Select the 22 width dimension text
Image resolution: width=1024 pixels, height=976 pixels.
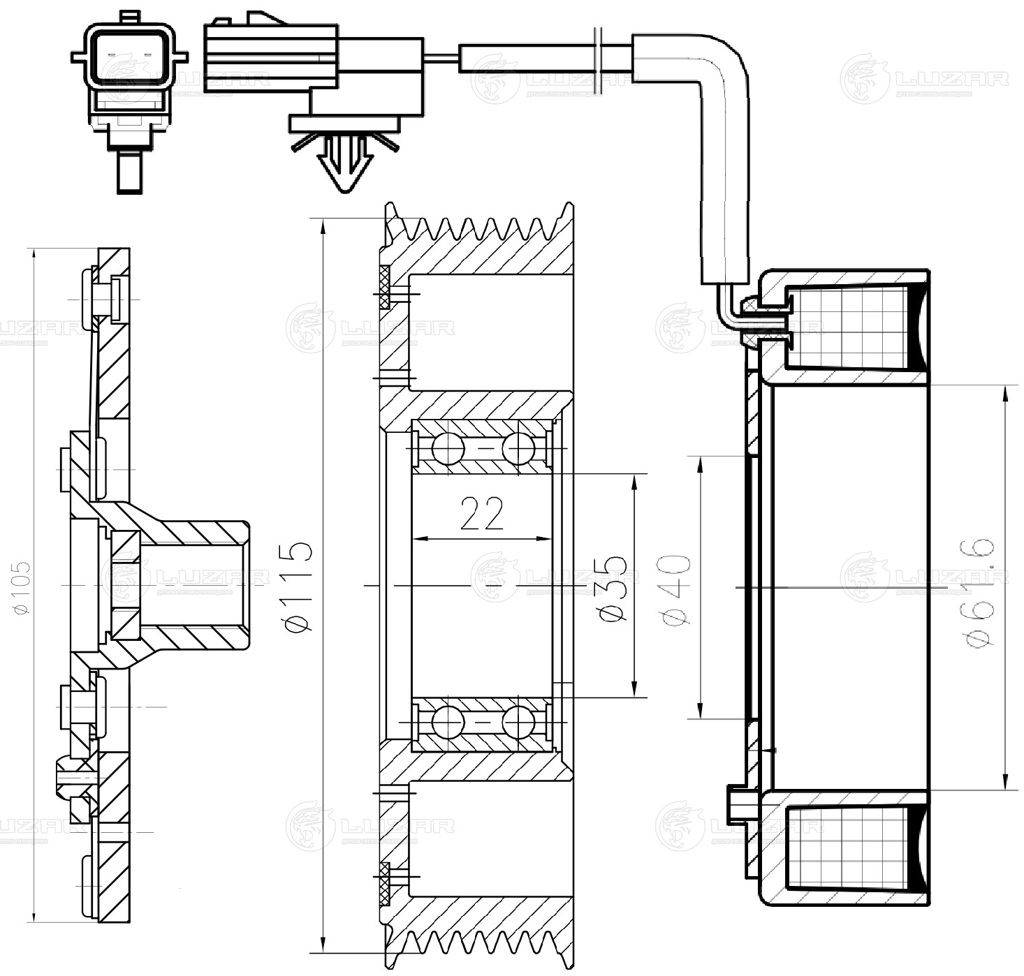(482, 514)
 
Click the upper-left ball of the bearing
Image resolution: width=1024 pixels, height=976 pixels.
(448, 448)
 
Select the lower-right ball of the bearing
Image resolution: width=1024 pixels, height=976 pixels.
(518, 722)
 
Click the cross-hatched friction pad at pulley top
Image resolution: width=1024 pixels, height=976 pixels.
(385, 287)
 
